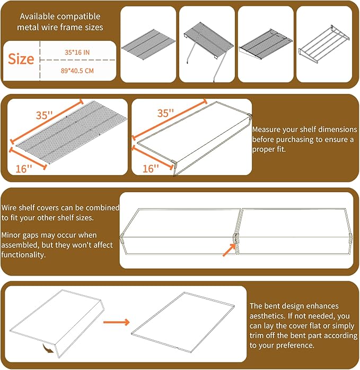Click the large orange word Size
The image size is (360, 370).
click(x=21, y=59)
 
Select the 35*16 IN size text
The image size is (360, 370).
click(x=77, y=53)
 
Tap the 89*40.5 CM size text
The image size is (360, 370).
click(x=77, y=71)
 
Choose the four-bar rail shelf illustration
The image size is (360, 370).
click(x=324, y=44)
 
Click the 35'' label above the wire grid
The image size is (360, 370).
click(x=44, y=115)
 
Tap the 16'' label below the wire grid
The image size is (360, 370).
click(x=23, y=169)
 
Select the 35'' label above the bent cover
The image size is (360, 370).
click(x=165, y=113)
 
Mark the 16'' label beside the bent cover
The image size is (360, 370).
click(x=151, y=169)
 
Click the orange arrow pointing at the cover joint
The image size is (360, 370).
click(x=229, y=250)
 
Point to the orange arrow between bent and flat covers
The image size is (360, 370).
click(x=117, y=322)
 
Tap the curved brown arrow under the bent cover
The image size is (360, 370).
click(x=48, y=348)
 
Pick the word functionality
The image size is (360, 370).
click(x=23, y=255)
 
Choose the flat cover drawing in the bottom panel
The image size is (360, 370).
click(x=183, y=322)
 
